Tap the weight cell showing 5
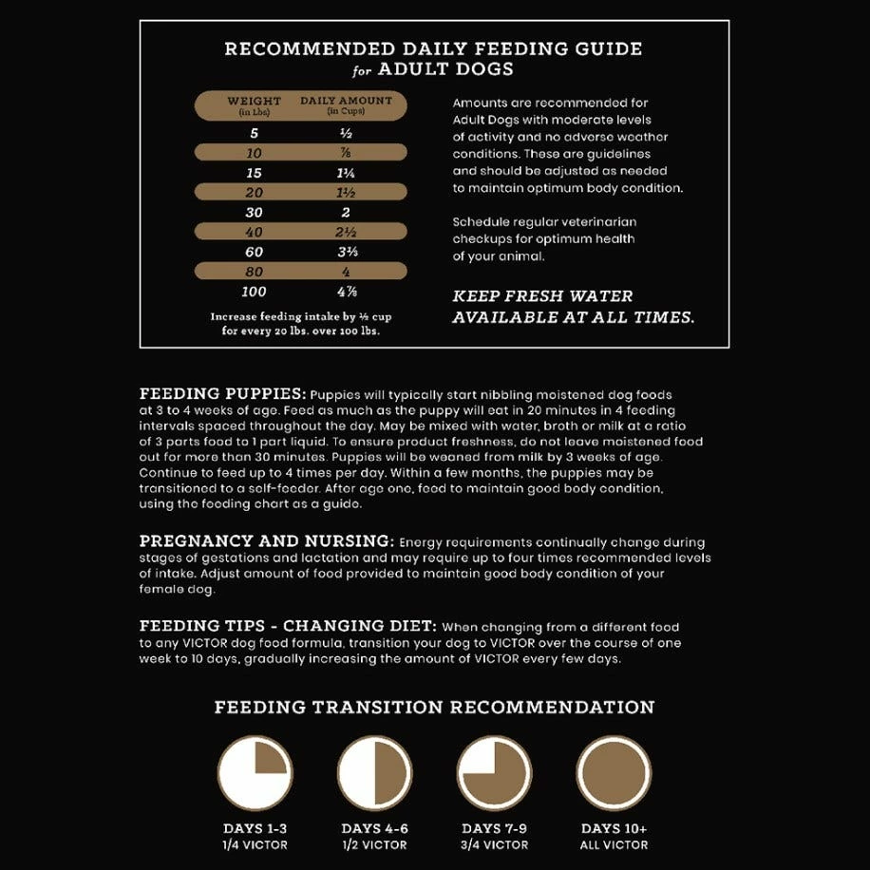pyautogui.click(x=254, y=133)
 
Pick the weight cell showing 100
pyautogui.click(x=254, y=292)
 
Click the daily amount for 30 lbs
pyautogui.click(x=346, y=213)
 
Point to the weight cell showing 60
pyautogui.click(x=254, y=252)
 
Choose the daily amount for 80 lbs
pyautogui.click(x=346, y=272)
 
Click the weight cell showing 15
pyautogui.click(x=254, y=173)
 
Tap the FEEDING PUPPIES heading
pyautogui.click(x=222, y=393)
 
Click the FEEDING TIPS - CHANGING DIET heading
pyautogui.click(x=288, y=626)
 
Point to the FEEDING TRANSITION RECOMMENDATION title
pyautogui.click(x=434, y=708)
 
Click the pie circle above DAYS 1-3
pyautogui.click(x=255, y=772)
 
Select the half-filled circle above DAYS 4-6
pyautogui.click(x=374, y=772)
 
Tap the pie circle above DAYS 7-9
pyautogui.click(x=494, y=772)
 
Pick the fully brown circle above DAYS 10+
pyautogui.click(x=614, y=772)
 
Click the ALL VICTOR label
pyautogui.click(x=614, y=844)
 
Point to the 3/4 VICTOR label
pyautogui.click(x=494, y=844)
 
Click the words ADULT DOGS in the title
pyautogui.click(x=445, y=69)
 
